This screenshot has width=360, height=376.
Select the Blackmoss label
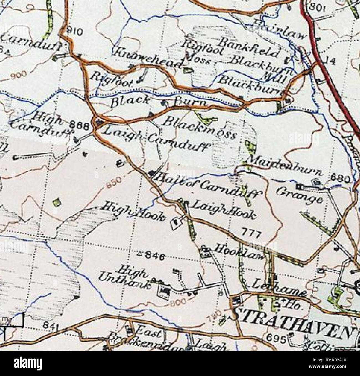199,128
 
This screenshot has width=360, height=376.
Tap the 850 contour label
114,183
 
